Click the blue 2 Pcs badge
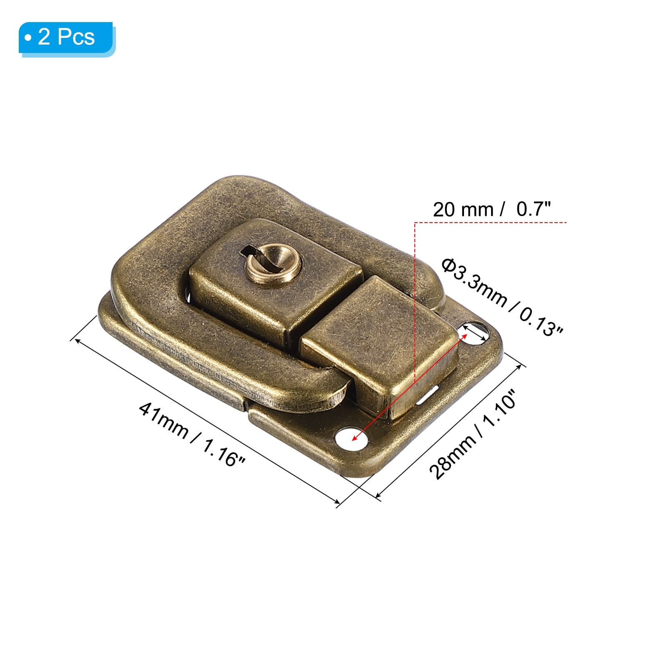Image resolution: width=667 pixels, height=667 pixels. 67,38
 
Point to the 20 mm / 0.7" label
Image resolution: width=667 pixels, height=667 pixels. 492,209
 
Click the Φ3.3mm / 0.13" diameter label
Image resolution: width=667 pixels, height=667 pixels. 502,296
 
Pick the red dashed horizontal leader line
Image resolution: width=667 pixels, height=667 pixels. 491,223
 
